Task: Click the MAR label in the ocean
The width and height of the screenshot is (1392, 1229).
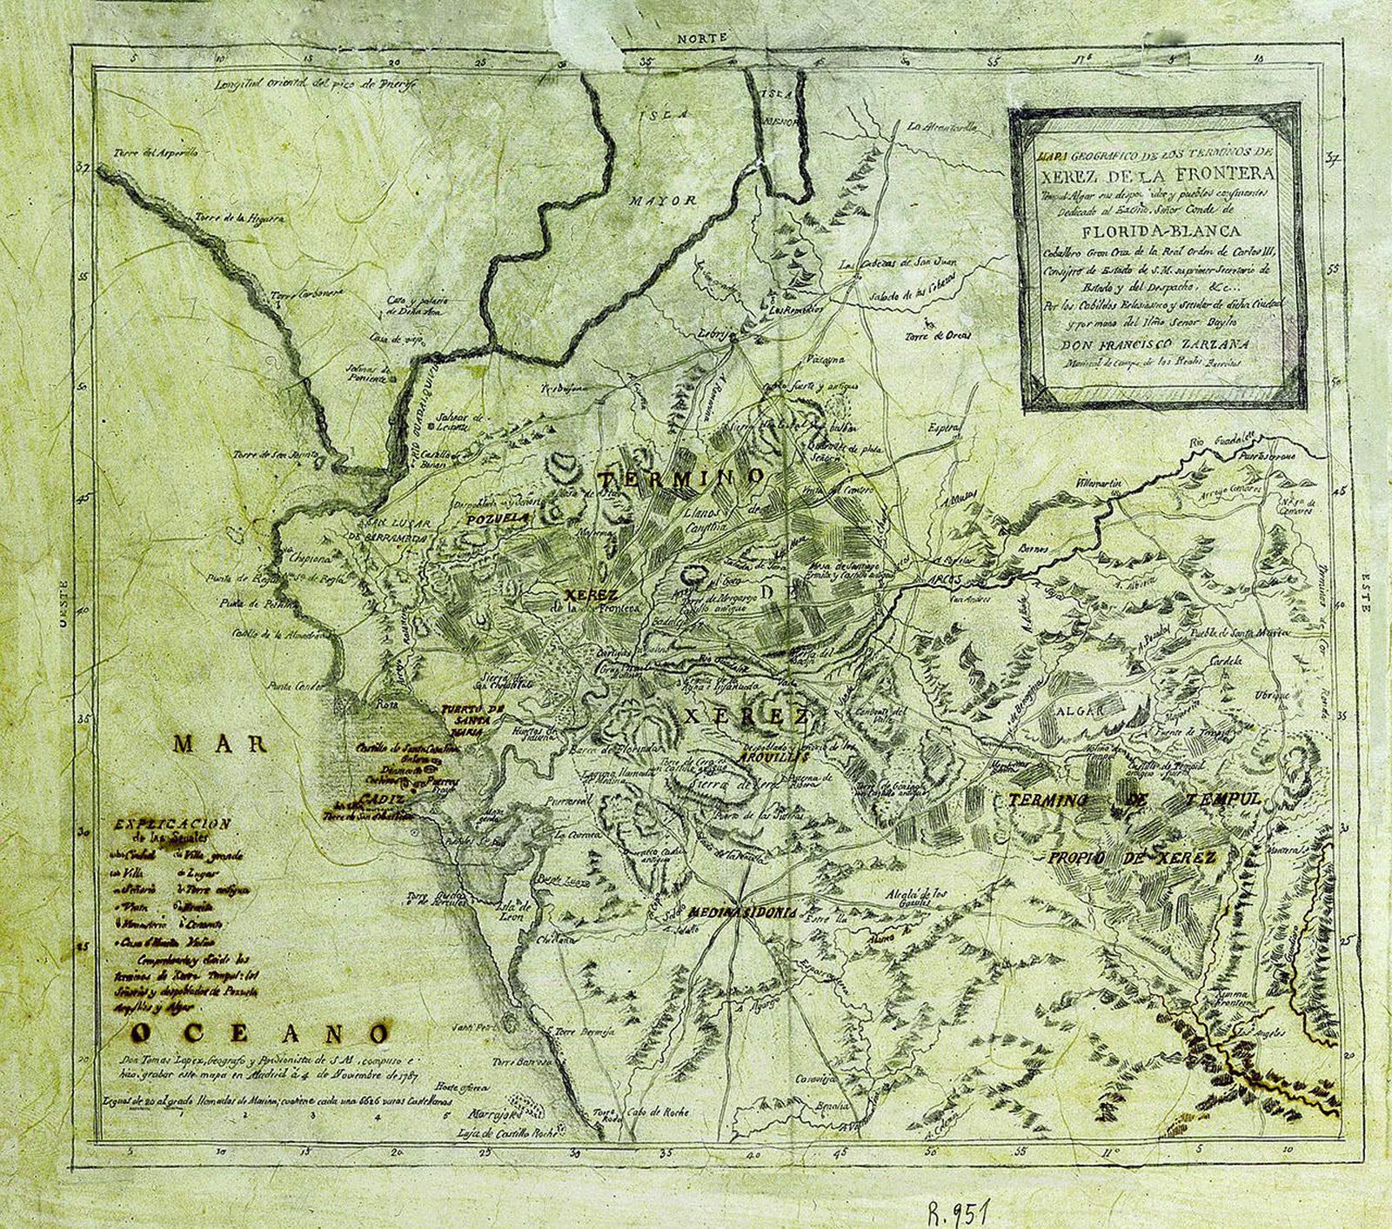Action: click(x=219, y=743)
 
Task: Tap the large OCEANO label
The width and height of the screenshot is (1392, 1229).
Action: click(x=258, y=1033)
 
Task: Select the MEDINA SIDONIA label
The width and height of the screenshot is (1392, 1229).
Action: click(x=741, y=913)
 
